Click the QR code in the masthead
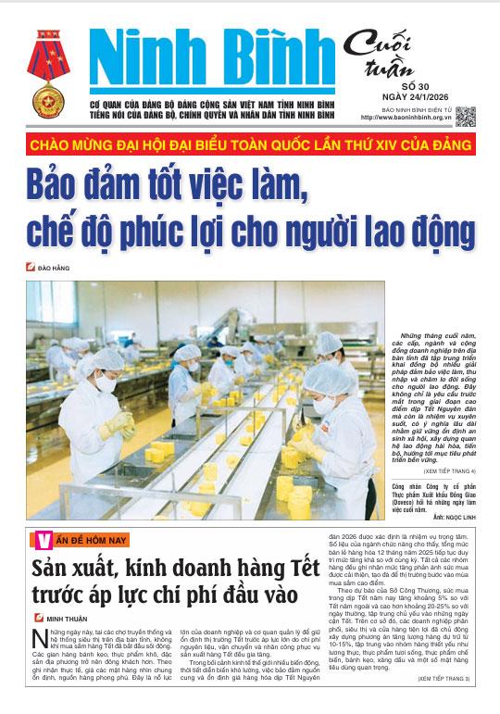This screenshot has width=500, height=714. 465,117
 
